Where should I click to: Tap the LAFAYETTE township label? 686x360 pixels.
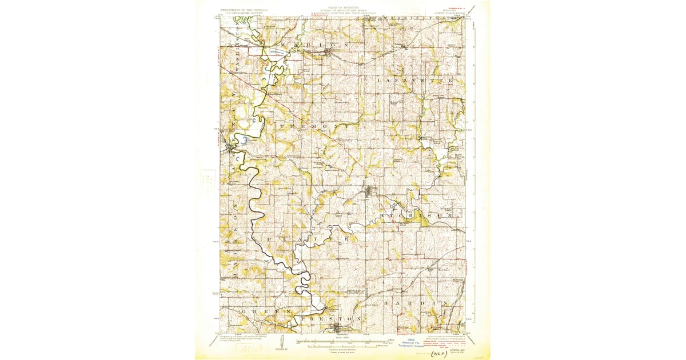pos(415,81)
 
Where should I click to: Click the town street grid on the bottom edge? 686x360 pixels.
pos(338,328)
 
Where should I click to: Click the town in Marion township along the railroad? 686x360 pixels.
pos(329,51)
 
